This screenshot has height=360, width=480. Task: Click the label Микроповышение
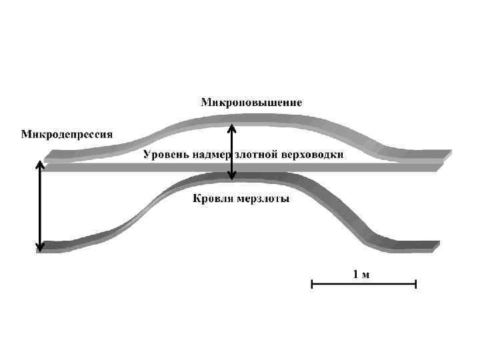coord(251,103)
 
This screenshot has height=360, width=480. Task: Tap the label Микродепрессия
coord(67,134)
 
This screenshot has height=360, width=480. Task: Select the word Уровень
coord(165,155)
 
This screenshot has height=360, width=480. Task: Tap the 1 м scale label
coord(361,273)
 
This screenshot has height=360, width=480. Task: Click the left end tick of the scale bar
coord(312,285)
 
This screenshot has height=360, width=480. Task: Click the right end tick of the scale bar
coord(416,285)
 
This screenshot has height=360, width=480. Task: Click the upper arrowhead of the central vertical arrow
coord(231,126)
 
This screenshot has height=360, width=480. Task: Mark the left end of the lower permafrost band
coord(47,247)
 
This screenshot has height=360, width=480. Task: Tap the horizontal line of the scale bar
coord(364,285)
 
